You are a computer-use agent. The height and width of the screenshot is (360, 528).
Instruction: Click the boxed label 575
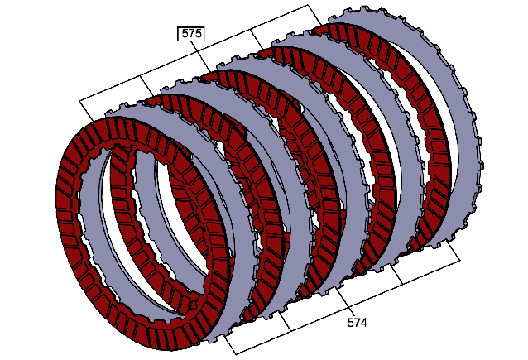(191, 34)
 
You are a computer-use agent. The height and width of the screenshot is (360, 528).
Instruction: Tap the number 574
(357, 323)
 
